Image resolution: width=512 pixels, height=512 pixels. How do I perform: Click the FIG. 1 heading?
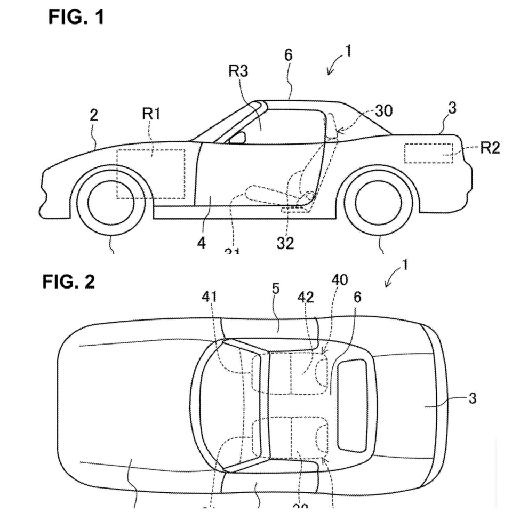pos(76,17)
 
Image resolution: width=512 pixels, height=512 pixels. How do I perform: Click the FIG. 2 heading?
pos(68,282)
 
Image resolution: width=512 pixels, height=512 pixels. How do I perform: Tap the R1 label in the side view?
pos(151,114)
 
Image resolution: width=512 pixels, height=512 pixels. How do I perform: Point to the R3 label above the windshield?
pos(238,71)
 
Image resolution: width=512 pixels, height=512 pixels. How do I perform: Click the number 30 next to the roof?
pos(383,110)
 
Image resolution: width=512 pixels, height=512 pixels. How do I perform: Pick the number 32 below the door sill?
pos(285,243)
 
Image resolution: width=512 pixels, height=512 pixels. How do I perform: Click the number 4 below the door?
pos(201,243)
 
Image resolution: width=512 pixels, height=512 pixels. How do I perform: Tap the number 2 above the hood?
pos(94,116)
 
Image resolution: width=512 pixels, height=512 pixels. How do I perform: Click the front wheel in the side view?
pos(110,202)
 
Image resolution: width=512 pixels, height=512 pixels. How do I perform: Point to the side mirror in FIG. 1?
pos(237,138)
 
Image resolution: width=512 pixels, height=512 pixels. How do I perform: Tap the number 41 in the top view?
pos(210,297)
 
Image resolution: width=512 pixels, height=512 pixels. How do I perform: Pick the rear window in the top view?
pos(353,403)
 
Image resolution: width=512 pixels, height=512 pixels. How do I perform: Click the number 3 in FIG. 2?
pos(472,398)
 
